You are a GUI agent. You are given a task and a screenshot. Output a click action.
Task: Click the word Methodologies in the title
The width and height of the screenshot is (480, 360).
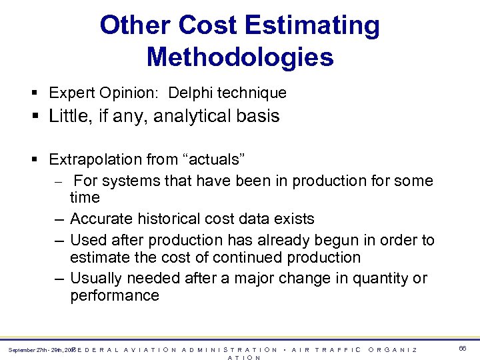tap(240, 57)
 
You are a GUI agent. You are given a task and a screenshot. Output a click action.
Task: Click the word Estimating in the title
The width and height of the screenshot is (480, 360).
tap(313, 26)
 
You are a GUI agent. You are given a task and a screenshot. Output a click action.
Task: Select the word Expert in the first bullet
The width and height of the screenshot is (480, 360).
tap(69, 93)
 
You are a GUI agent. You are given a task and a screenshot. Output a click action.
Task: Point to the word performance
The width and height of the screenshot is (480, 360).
tap(115, 295)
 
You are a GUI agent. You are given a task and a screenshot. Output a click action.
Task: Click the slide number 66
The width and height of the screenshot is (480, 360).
tap(463, 349)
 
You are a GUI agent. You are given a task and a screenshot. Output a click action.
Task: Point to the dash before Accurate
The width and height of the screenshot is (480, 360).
tap(59, 219)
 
